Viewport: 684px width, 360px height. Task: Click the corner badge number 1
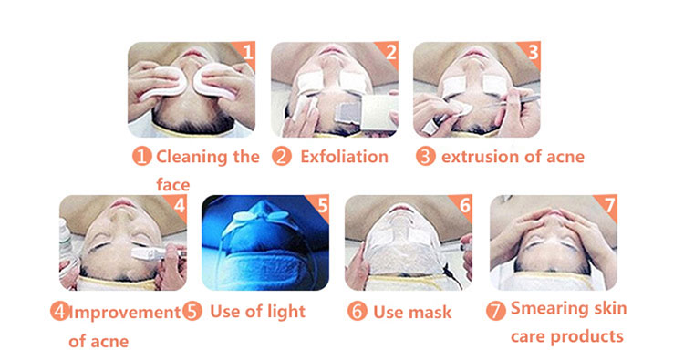(247, 52)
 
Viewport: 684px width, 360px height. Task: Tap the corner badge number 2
(390, 52)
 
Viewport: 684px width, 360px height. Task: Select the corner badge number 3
(533, 52)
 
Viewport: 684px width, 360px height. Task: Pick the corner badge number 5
(322, 205)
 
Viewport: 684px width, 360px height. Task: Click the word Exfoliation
(344, 157)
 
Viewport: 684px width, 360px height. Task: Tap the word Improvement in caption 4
(125, 313)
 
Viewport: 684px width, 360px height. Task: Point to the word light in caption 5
(286, 312)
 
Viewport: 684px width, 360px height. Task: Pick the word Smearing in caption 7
(548, 309)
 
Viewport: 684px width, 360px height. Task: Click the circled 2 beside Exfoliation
(282, 157)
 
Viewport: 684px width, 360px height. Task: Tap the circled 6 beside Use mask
(358, 311)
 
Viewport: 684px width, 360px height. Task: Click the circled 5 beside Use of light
(192, 311)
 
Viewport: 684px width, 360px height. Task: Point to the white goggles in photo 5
(261, 218)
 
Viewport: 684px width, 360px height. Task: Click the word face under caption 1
(173, 184)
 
